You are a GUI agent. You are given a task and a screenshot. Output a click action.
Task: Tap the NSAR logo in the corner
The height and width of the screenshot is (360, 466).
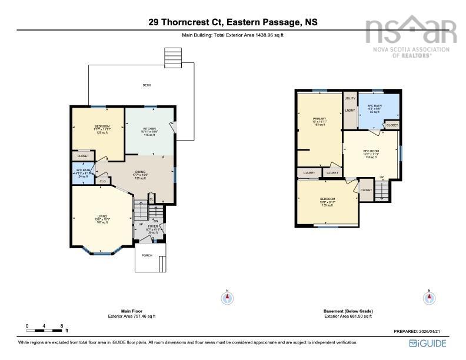[411, 32]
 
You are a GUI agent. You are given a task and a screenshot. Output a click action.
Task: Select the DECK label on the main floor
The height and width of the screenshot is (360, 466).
[147, 85]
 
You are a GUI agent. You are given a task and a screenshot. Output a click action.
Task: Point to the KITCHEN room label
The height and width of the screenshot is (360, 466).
[149, 129]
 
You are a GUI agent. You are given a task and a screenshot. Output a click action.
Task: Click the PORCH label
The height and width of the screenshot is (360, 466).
[147, 255]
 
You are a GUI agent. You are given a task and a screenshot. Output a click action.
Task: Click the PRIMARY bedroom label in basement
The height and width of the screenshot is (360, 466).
[319, 119]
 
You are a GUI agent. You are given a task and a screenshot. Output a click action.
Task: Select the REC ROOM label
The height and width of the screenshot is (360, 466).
[370, 151]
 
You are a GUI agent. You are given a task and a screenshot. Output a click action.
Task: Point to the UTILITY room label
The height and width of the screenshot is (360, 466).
[349, 98]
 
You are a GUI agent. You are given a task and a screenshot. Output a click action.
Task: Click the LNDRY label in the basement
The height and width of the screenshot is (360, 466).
[349, 110]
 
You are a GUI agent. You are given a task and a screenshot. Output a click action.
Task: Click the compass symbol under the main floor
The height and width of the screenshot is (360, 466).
[227, 298]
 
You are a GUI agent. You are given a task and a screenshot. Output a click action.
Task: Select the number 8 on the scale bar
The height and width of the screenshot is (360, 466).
[62, 325]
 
